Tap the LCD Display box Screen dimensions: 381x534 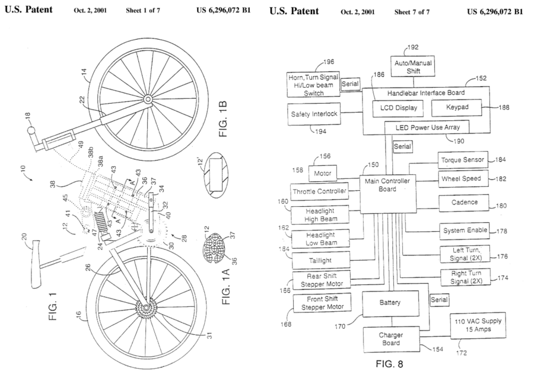pyautogui.click(x=398, y=107)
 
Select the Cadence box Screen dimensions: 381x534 pyautogui.click(x=463, y=202)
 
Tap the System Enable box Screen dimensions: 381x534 pyautogui.click(x=463, y=230)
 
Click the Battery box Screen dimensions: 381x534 pyautogui.click(x=390, y=302)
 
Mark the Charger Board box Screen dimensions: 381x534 pyautogui.click(x=390, y=338)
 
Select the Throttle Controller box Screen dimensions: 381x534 pyautogui.click(x=320, y=191)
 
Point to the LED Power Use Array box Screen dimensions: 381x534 pyautogui.click(x=426, y=127)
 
